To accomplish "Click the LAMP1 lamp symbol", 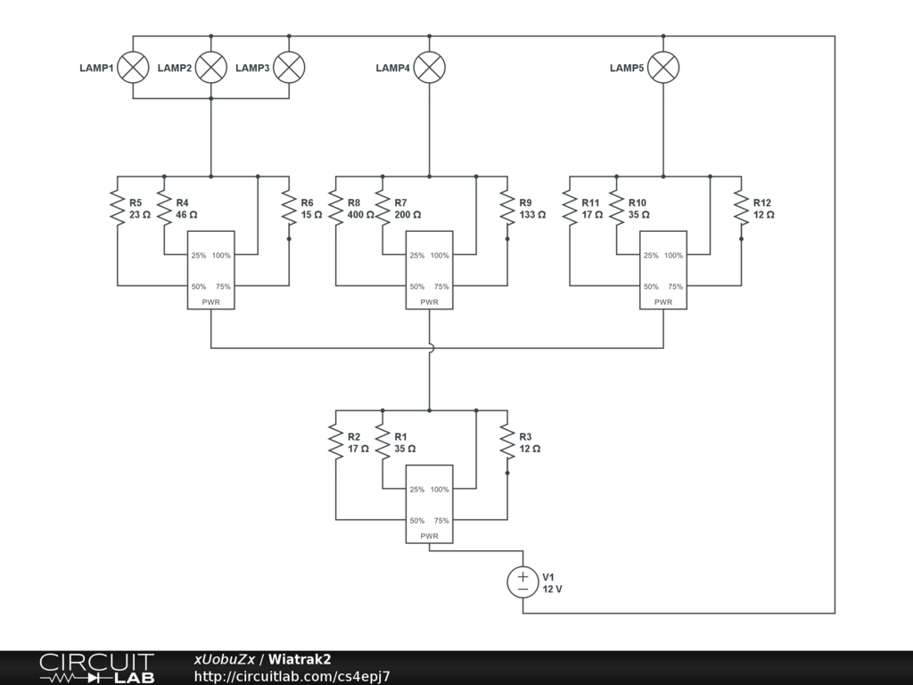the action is point(133,68).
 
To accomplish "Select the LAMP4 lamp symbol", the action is point(429,68).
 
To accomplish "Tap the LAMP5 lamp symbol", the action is point(663,68).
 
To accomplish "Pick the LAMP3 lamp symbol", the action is point(289,68).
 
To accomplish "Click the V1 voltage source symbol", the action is point(522,582).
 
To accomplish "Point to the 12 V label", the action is point(553,589).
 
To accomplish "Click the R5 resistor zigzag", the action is point(118,208).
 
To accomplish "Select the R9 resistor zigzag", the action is point(507,208).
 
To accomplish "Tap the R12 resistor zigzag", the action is point(741,208).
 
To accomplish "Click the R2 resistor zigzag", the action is point(336,442).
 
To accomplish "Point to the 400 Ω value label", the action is point(360,214).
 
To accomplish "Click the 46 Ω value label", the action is point(186,214).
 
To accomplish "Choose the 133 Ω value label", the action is point(532,214).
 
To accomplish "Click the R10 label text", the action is point(637,202).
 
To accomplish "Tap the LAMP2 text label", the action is point(175,68).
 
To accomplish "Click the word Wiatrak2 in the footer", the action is point(300,659).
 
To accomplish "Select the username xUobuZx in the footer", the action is point(224,659).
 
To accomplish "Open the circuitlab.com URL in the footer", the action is point(292,676).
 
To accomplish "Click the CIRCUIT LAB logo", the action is point(97,668).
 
